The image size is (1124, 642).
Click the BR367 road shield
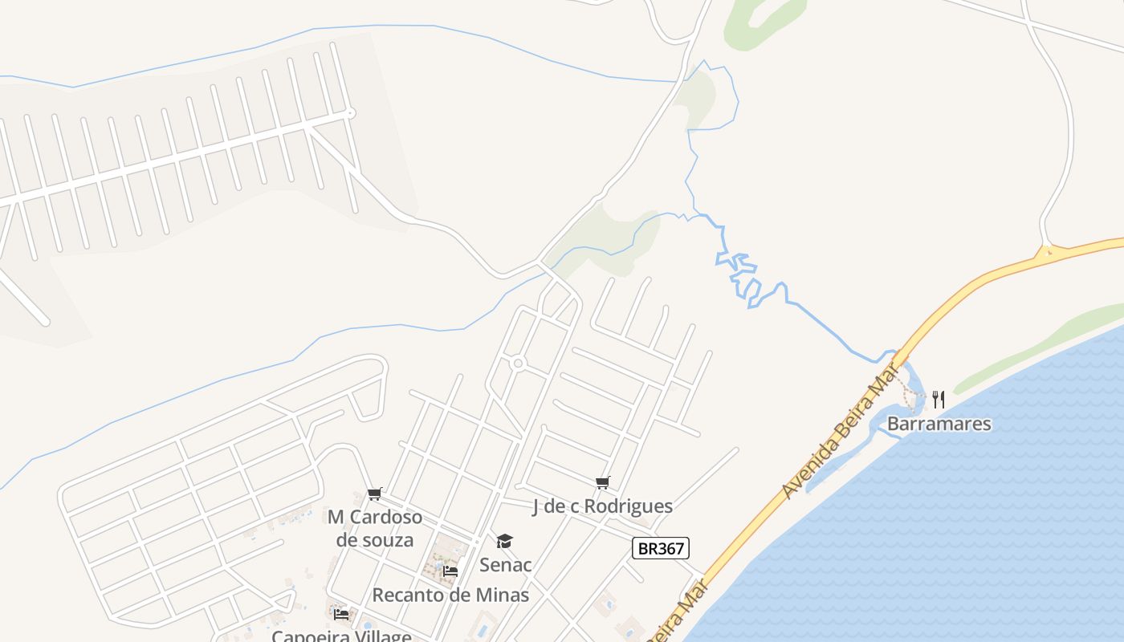661,549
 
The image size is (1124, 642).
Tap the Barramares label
939,424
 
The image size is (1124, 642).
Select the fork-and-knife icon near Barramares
938,399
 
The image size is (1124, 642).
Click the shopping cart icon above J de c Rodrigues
603,482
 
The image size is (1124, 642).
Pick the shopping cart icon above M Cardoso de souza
374,494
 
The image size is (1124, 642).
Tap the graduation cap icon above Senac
504,542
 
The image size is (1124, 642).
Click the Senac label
505,565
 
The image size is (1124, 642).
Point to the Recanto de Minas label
450,595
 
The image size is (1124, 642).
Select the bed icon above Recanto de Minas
450,571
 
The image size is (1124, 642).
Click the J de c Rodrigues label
602,506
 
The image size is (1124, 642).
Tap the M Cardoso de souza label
375,528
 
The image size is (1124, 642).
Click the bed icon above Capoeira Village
341,615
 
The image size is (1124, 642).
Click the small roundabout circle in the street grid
518,364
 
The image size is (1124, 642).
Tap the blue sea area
963,546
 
